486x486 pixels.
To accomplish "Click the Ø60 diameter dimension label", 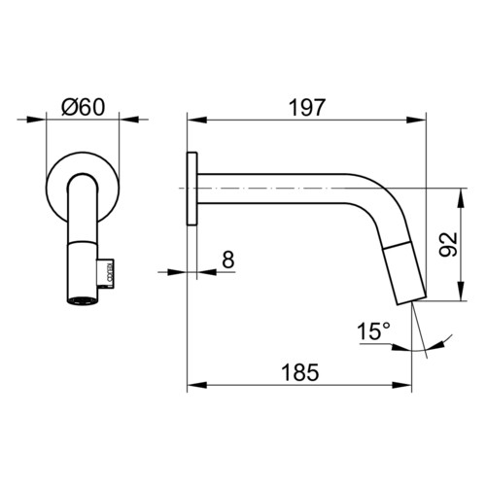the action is [x=84, y=107].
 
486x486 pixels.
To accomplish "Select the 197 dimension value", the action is [x=306, y=107].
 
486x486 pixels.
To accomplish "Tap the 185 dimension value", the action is [x=300, y=372].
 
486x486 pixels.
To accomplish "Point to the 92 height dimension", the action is [x=448, y=244].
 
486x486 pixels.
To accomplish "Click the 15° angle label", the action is [x=373, y=331].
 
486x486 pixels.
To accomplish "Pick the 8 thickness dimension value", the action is [x=228, y=260].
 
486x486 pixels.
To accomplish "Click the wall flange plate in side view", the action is [x=192, y=189].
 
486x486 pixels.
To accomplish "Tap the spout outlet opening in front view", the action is [x=83, y=300].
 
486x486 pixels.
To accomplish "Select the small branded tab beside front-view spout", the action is [x=106, y=273].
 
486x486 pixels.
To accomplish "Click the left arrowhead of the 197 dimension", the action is [x=197, y=120].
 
